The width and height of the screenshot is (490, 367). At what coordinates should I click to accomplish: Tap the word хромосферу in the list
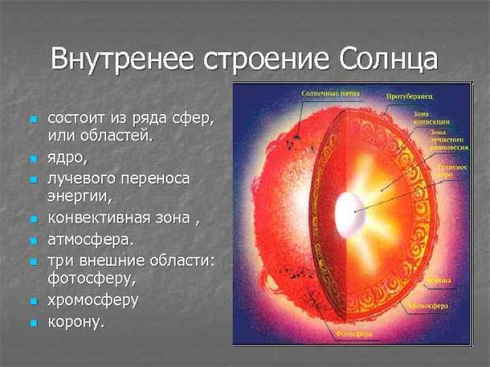tap(93, 299)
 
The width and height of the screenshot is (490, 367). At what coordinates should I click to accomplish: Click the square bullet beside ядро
tap(33, 157)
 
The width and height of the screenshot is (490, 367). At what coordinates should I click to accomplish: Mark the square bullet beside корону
tap(33, 323)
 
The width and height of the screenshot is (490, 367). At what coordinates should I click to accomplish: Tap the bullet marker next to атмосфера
tap(33, 241)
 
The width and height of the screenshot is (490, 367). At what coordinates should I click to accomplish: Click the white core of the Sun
tap(350, 212)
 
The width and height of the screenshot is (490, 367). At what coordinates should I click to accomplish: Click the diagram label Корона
tap(441, 280)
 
